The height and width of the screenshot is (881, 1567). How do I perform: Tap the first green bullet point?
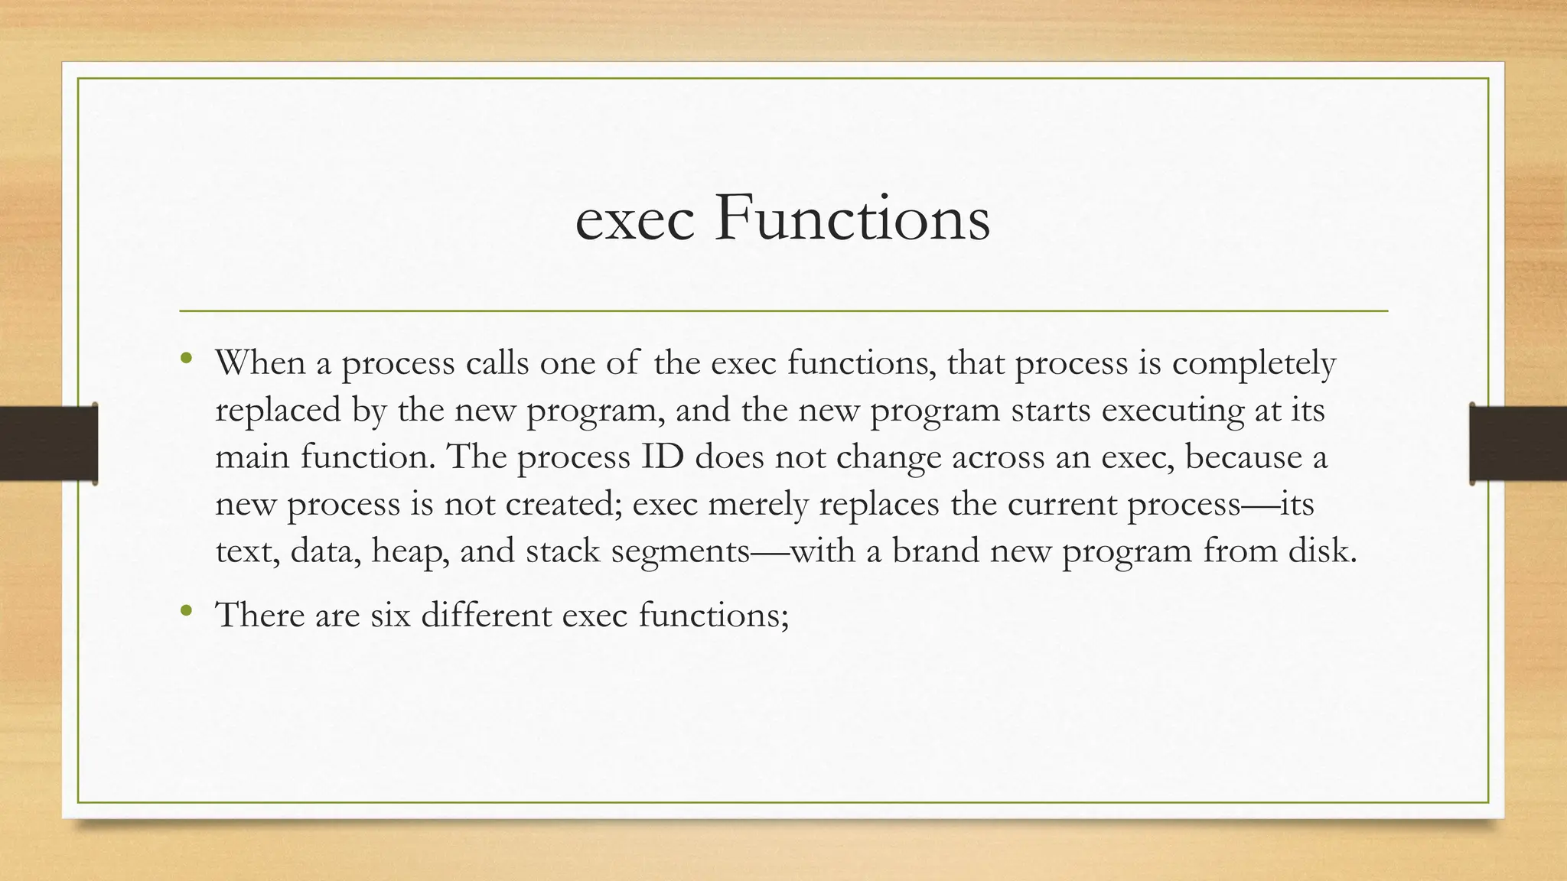186,358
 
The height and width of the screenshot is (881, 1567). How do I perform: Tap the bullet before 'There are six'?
186,610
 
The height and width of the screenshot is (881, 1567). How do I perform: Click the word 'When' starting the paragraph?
260,362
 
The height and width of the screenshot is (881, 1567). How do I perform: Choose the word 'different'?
485,615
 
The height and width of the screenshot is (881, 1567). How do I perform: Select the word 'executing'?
1172,411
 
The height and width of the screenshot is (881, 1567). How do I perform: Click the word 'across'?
997,457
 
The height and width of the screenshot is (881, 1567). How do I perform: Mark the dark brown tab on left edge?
48,444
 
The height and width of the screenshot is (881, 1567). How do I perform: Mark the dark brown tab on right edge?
1518,444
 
